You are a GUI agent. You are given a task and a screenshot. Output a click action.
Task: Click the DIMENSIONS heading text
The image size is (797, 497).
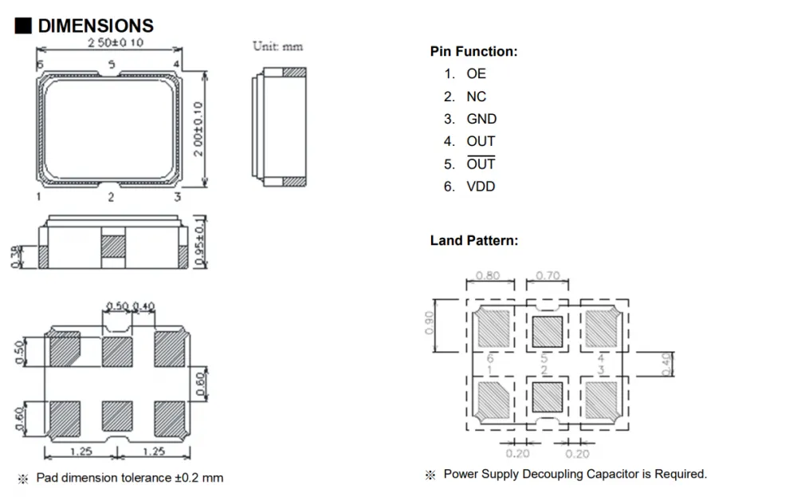96,26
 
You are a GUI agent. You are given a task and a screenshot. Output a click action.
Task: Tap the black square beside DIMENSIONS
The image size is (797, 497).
23,26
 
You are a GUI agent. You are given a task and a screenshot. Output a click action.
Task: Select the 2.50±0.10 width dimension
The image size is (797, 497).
116,42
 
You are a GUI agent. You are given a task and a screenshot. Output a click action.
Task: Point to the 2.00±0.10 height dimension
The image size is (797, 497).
198,128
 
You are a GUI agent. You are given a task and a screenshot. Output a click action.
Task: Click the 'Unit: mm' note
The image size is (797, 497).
277,46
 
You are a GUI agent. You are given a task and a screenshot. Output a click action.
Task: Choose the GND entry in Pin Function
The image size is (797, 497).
481,119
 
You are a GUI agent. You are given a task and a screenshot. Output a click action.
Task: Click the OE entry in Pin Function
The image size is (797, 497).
477,73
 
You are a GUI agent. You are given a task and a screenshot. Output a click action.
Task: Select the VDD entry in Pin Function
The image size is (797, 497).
481,187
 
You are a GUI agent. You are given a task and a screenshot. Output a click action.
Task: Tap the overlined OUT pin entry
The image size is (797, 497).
481,164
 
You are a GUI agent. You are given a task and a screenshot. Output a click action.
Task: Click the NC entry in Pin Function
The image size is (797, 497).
477,97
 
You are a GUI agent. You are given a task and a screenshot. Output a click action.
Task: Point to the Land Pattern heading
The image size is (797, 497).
474,241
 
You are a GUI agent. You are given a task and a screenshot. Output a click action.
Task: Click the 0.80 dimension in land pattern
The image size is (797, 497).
488,276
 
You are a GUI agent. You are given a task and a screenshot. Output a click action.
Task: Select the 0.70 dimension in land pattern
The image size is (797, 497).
548,276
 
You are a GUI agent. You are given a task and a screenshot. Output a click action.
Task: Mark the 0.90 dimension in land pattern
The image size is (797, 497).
430,323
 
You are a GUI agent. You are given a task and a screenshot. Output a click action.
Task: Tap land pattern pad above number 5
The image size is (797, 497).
547,332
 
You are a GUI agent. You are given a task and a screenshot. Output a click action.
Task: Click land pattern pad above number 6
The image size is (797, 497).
493,328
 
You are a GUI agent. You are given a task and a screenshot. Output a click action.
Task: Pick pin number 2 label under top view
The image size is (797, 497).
111,197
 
